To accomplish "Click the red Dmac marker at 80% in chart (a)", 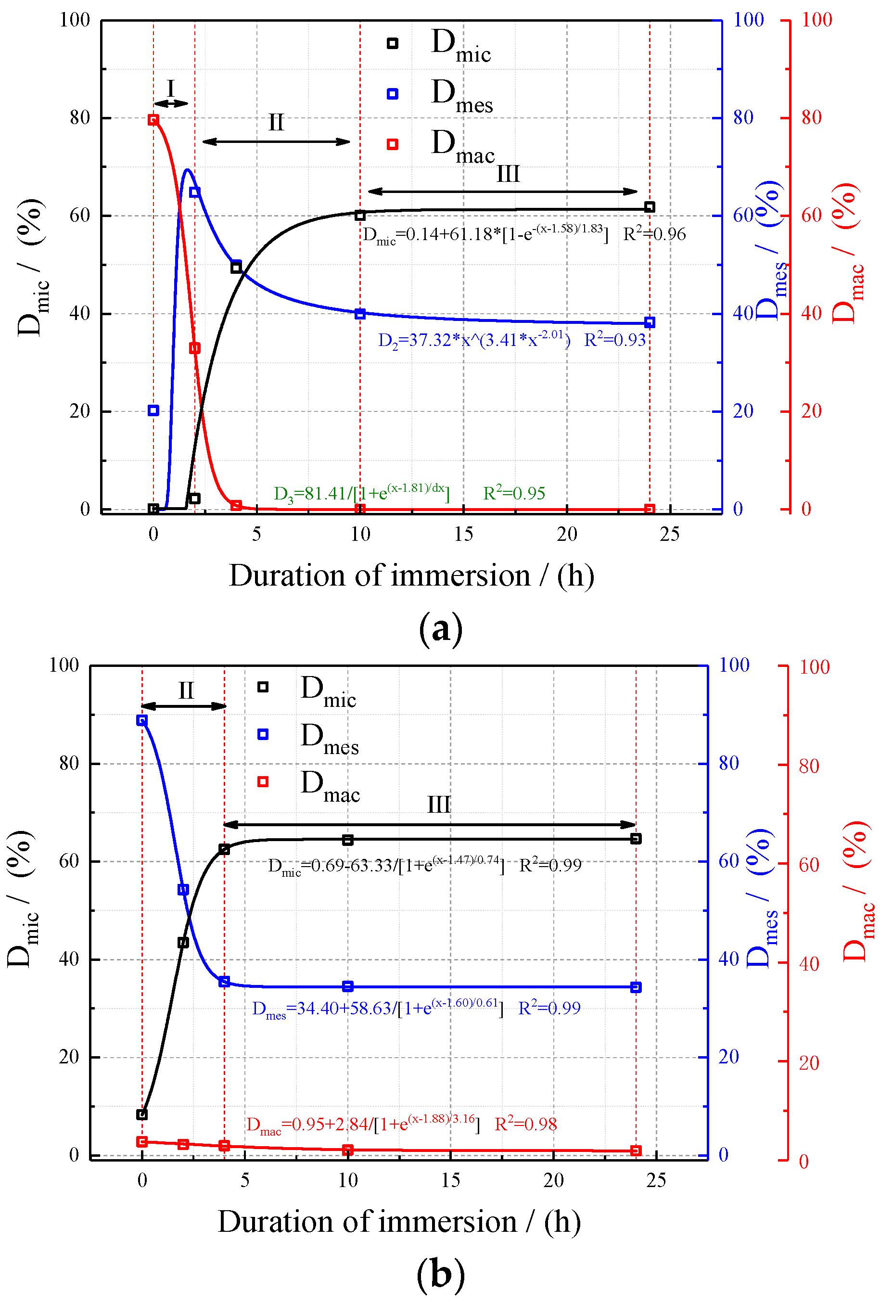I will (153, 119).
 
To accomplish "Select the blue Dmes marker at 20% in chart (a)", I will (153, 410).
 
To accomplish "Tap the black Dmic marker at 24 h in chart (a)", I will (650, 207).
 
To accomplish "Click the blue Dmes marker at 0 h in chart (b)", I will (142, 720).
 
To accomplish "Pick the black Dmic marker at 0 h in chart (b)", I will (142, 1114).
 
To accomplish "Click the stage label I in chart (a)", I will (171, 89).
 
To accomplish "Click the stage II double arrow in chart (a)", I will (276, 141).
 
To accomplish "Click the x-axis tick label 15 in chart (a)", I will (463, 534).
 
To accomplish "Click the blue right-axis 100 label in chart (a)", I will (749, 20).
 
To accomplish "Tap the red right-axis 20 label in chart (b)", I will (809, 1062).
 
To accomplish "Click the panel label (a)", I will (441, 628).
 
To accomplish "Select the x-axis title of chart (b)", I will (398, 1222).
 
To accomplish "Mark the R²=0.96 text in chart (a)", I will (654, 234).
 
